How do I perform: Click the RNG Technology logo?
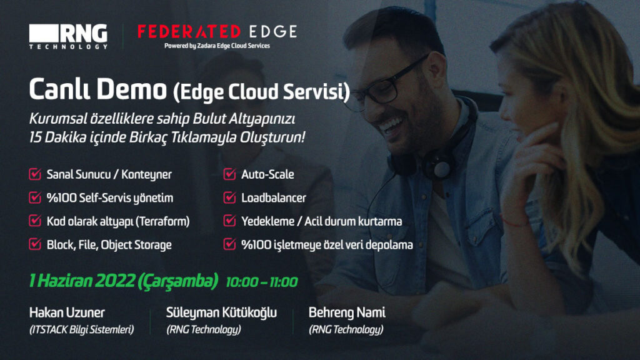coord(68,37)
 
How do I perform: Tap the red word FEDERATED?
coord(189,32)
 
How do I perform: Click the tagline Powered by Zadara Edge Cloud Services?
coord(217,46)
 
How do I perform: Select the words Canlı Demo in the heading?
coord(98,89)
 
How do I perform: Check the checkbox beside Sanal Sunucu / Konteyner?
coord(35,174)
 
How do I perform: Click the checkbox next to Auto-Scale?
coord(230,174)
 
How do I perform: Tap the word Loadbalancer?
coord(274,198)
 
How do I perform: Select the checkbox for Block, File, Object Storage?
coord(35,244)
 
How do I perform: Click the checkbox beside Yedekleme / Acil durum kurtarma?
coord(230,221)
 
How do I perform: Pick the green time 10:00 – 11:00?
coord(262,282)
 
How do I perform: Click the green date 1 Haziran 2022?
coord(82,281)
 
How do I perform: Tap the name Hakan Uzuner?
coord(67,312)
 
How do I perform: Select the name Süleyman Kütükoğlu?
coord(221,312)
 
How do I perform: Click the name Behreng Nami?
coord(347,312)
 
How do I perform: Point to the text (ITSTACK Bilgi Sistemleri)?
coord(82,329)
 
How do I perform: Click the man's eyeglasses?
coord(387,86)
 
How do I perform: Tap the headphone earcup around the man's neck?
coord(439,165)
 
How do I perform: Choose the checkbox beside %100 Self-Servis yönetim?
coord(35,198)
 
